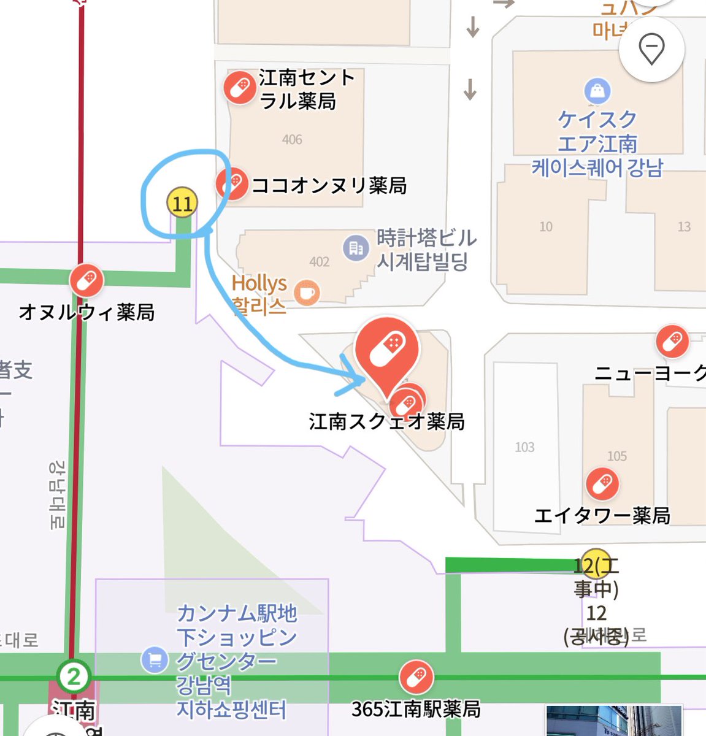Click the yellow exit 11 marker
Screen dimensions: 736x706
[182, 203]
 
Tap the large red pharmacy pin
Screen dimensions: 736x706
[386, 350]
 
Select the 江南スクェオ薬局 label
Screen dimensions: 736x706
[386, 422]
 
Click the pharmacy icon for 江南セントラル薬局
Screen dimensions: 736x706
[239, 88]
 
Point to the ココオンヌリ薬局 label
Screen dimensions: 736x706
[329, 185]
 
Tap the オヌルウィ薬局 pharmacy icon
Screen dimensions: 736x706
[86, 280]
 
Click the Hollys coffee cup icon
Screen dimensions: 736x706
[307, 293]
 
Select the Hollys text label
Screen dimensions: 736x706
[259, 283]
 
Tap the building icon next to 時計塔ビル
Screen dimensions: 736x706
[356, 248]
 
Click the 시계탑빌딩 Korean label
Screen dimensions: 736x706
[423, 263]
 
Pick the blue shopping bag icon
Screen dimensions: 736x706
[597, 91]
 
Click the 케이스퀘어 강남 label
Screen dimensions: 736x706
[597, 167]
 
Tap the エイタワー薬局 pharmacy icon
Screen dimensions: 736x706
[602, 484]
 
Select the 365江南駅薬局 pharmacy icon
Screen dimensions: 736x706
[416, 677]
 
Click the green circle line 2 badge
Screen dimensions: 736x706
[74, 677]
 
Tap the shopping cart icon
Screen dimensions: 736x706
[155, 660]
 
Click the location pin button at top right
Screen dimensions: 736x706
[651, 49]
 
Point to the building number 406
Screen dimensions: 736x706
[292, 140]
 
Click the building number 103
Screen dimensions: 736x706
[524, 447]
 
